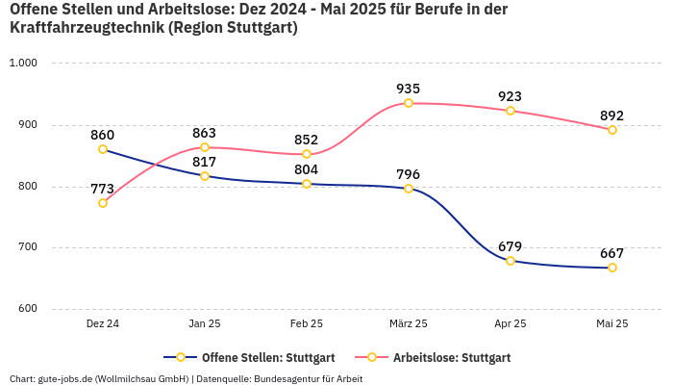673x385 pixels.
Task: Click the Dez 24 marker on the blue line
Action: pyautogui.click(x=103, y=149)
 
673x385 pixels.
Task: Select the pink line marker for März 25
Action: pyautogui.click(x=409, y=103)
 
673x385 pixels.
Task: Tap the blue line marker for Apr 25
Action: pyautogui.click(x=511, y=261)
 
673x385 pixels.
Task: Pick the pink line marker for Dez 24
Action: pyautogui.click(x=103, y=203)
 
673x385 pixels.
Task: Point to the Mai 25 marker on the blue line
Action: pyautogui.click(x=612, y=268)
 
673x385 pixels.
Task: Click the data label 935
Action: pyautogui.click(x=409, y=89)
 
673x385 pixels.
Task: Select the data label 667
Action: pyautogui.click(x=612, y=253)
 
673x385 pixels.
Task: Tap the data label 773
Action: pyautogui.click(x=103, y=189)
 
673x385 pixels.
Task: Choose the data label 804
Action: pyautogui.click(x=307, y=169)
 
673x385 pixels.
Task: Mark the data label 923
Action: pyautogui.click(x=511, y=96)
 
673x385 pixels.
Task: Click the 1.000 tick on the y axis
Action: pyautogui.click(x=22, y=64)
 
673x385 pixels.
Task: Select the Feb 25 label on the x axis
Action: pyautogui.click(x=307, y=324)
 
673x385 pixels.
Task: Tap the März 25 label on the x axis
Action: pyautogui.click(x=409, y=324)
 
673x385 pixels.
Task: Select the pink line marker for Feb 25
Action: pyautogui.click(x=307, y=154)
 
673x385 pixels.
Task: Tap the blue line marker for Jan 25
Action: pyautogui.click(x=205, y=176)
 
